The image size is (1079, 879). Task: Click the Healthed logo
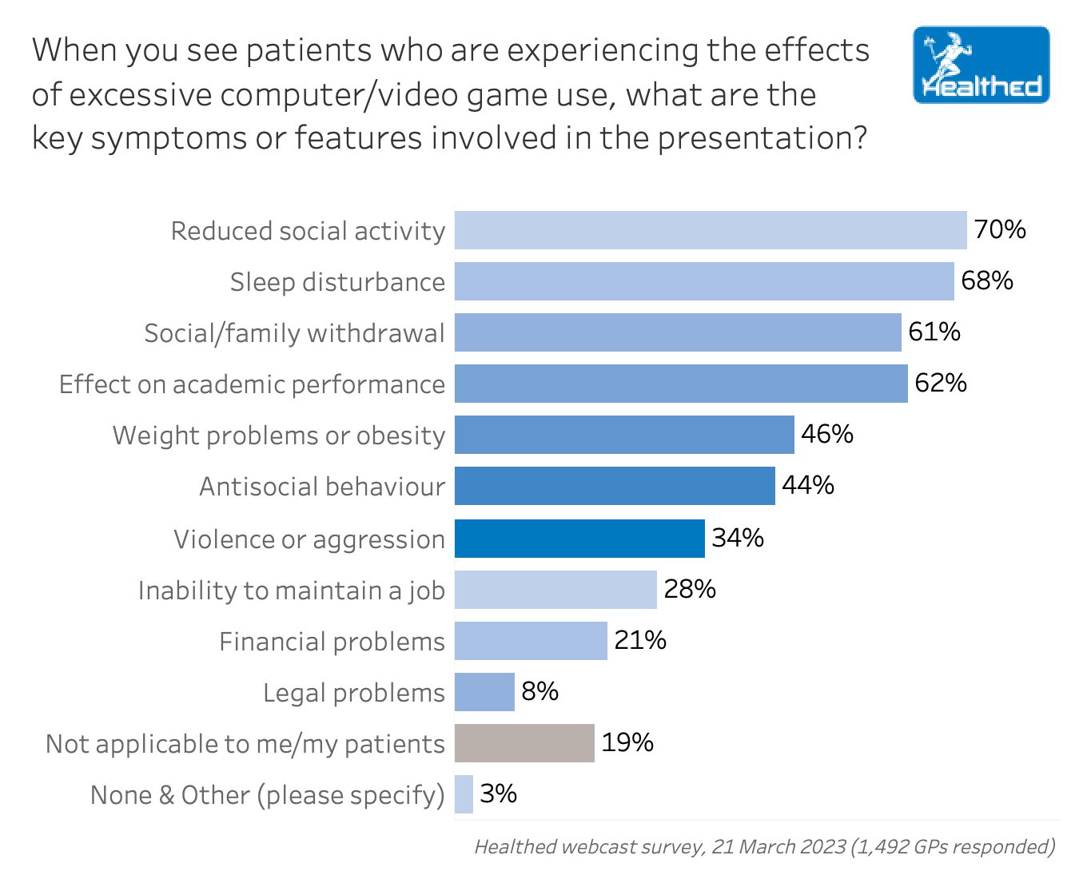pyautogui.click(x=981, y=66)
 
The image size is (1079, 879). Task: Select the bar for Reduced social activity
pyautogui.click(x=711, y=230)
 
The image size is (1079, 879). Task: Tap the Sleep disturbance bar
pyautogui.click(x=704, y=281)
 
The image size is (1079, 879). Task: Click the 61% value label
pyautogui.click(x=934, y=332)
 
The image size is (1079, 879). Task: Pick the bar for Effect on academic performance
pyautogui.click(x=681, y=384)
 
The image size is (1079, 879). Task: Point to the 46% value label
pyautogui.click(x=827, y=434)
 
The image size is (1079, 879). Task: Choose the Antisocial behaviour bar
pyautogui.click(x=615, y=486)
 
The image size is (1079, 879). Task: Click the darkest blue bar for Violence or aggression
pyautogui.click(x=579, y=539)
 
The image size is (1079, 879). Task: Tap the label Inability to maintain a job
pyautogui.click(x=292, y=591)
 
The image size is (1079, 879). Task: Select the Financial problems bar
pyautogui.click(x=531, y=641)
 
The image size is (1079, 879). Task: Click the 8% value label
pyautogui.click(x=540, y=691)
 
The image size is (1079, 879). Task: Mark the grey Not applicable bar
pyautogui.click(x=524, y=743)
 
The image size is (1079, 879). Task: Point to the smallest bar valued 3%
pyautogui.click(x=464, y=794)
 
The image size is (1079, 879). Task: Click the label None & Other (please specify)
pyautogui.click(x=268, y=795)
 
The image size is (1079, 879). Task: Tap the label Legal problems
pyautogui.click(x=354, y=693)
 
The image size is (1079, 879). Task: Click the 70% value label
pyautogui.click(x=1000, y=230)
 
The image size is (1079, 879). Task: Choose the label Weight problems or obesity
pyautogui.click(x=279, y=436)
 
